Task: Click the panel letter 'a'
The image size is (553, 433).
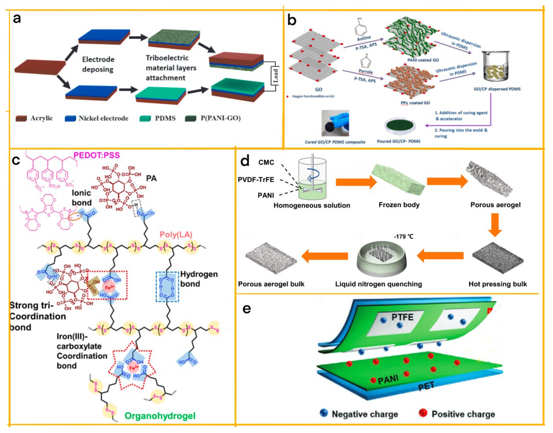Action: pyautogui.click(x=17, y=19)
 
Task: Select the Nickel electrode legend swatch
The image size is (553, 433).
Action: pyautogui.click(x=70, y=118)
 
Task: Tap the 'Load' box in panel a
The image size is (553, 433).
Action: pyautogui.click(x=276, y=76)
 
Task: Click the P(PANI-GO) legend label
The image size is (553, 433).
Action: pyautogui.click(x=220, y=118)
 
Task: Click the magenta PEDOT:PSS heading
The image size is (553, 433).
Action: pyautogui.click(x=97, y=155)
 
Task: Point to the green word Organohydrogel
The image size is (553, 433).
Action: pyautogui.click(x=160, y=416)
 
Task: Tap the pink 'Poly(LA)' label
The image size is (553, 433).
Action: pyautogui.click(x=176, y=234)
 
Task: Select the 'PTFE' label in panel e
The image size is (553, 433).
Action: pyautogui.click(x=402, y=317)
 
